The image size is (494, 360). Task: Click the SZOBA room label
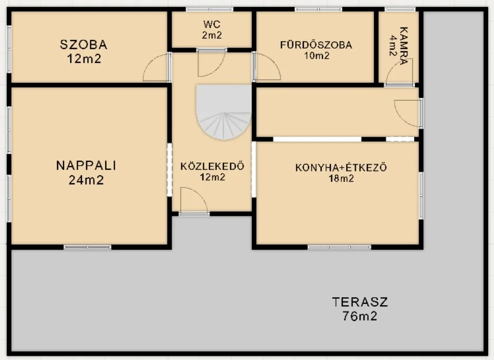coord(84,45)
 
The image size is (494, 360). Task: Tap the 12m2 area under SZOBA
coord(84,59)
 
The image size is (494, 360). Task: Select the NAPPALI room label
coord(86,166)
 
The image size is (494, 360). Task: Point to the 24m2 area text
coord(86,180)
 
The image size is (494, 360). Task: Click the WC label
coord(212,24)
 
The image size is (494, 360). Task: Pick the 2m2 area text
coord(212,35)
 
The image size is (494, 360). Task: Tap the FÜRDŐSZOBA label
coord(316,45)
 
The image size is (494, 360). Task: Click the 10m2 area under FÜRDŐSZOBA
coord(316,55)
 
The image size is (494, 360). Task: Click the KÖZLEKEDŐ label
coord(212,166)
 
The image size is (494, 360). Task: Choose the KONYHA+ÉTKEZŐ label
coord(341,168)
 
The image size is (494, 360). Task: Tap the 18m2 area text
coord(341,178)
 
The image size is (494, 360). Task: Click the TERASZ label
coord(360,302)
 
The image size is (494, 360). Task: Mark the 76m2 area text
coord(360,317)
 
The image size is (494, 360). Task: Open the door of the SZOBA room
coord(156,69)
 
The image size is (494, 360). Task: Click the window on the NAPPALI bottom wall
coord(88,247)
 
